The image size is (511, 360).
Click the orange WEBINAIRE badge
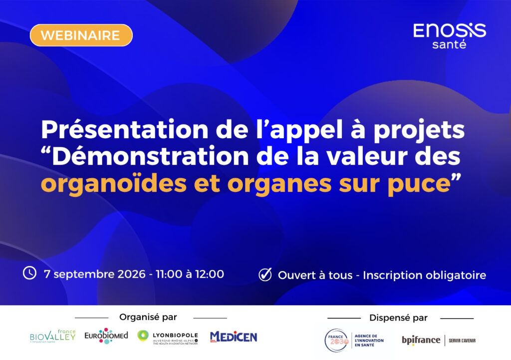81,35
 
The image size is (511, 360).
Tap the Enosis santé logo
450,35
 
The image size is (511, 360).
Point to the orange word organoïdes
114,184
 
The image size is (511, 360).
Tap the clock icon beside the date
29,273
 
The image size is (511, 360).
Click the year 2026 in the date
131,274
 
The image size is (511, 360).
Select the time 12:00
210,274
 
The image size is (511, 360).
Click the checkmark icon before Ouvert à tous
265,275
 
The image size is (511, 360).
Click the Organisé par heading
148,317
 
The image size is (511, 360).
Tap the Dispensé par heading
398,318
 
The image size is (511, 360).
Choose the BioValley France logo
52,336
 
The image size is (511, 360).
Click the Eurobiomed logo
106,336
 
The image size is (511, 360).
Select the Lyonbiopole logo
168,338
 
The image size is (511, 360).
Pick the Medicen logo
234,337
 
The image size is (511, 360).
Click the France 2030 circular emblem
336,341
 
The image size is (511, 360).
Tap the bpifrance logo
421,340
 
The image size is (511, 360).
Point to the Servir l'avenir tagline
462,341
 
